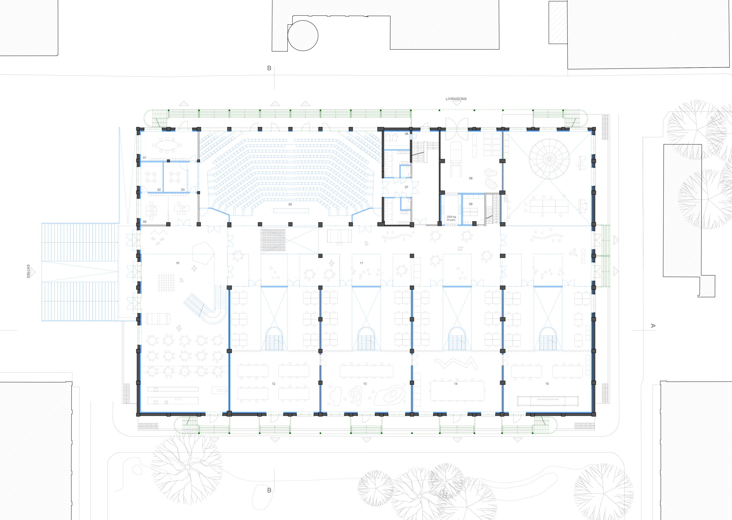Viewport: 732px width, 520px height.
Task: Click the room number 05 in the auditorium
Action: tap(290, 204)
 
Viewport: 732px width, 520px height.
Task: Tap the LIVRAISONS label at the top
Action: tap(456, 99)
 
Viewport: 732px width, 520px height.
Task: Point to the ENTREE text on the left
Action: tap(28, 271)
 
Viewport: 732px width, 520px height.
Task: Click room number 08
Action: tap(471, 178)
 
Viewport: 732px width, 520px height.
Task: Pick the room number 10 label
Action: tap(177, 263)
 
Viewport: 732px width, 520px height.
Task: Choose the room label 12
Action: tap(273, 384)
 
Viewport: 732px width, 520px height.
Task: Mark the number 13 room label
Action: tap(365, 384)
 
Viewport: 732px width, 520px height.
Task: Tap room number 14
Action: tap(456, 384)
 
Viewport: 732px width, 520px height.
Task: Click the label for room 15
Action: tap(547, 384)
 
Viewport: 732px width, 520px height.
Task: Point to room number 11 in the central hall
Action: tap(361, 263)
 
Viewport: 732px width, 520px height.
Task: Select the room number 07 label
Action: tap(406, 187)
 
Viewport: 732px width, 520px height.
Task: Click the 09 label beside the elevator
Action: tap(471, 204)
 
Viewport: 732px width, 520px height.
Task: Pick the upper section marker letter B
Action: tap(269, 68)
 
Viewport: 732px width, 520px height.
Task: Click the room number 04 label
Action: tap(144, 222)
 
